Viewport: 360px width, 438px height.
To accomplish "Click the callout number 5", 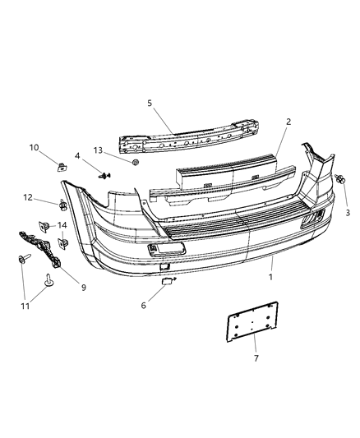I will [150, 104].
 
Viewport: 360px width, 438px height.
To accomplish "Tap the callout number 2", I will [288, 122].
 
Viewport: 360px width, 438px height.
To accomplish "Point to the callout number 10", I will [58, 148].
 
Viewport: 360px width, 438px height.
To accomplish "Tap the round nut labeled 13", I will [136, 162].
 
